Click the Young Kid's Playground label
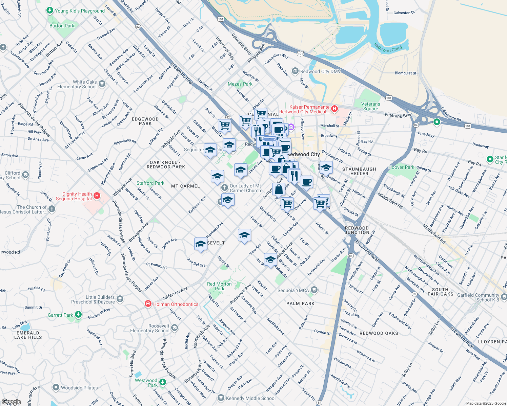(x=80, y=11)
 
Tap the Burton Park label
(x=62, y=26)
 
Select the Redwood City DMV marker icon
(x=295, y=71)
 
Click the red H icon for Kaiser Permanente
(x=334, y=109)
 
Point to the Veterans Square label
(x=370, y=106)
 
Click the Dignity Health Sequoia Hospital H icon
(x=97, y=196)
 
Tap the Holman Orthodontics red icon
(x=148, y=304)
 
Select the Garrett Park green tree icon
(x=78, y=315)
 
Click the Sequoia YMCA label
(x=293, y=290)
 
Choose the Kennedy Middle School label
(x=251, y=398)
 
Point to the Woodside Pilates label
(x=79, y=388)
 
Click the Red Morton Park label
(x=219, y=286)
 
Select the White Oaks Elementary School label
(x=77, y=84)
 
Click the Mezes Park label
(x=240, y=84)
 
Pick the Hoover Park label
(x=401, y=167)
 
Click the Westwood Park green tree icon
(x=163, y=382)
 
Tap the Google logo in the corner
(x=11, y=402)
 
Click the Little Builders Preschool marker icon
(x=120, y=299)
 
